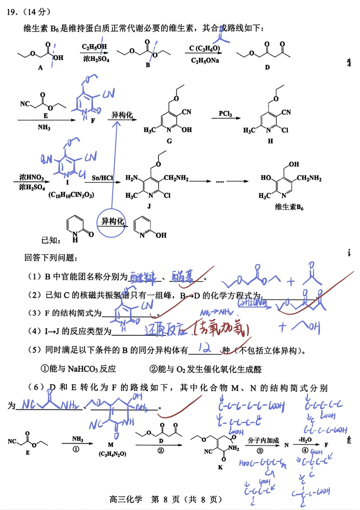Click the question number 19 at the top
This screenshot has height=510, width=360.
pos(12,12)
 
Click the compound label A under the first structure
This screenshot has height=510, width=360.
pos(40,68)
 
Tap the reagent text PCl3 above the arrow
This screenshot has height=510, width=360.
pos(225,114)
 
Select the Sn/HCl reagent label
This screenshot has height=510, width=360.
pos(102,178)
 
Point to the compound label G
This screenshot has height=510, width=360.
pos(169,141)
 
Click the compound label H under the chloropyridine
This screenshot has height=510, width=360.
pos(270,141)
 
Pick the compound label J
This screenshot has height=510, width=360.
pos(149,206)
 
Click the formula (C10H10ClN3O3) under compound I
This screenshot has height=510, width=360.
pos(71,195)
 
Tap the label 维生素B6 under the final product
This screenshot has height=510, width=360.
pos(289,207)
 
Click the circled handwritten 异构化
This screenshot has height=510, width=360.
pos(112,222)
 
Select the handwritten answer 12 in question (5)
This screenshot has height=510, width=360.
pos(205,348)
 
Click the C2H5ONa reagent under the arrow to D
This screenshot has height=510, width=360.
pos(205,60)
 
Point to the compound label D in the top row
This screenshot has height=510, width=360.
pos(267,67)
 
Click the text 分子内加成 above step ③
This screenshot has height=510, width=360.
pos(263,440)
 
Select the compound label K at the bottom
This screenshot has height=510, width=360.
pos(220,467)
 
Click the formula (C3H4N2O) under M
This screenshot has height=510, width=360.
pos(112,454)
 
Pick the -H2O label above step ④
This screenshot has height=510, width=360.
pos(305,440)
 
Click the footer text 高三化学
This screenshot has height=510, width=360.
pos(126,499)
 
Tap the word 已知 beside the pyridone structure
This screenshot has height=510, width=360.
pos(51,240)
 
